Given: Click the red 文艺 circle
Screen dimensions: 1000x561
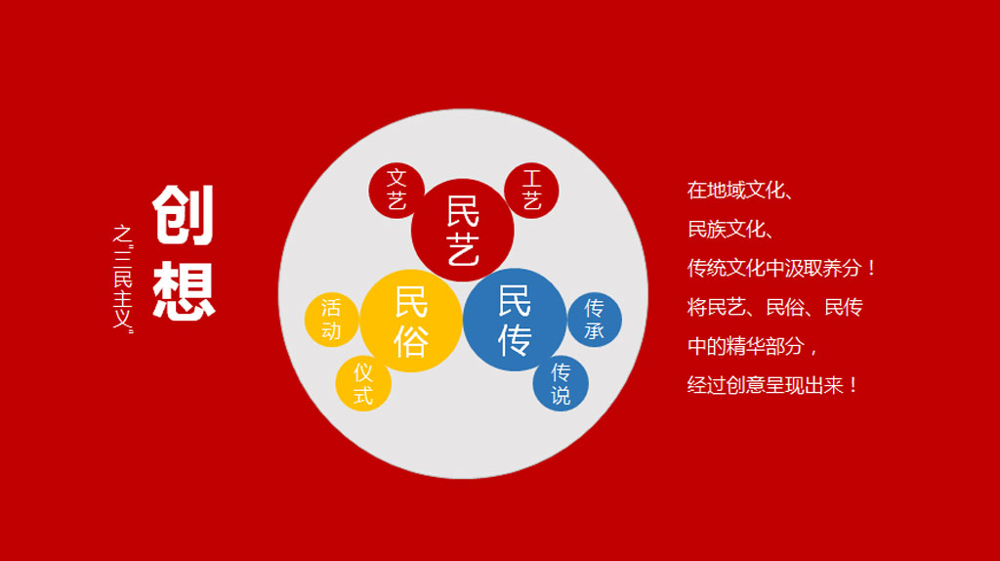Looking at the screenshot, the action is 396,191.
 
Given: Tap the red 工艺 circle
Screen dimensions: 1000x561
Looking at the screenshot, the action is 531,191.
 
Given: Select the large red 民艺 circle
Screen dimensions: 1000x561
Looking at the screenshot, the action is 462,231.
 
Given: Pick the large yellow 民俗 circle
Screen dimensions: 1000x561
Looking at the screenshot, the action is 411,321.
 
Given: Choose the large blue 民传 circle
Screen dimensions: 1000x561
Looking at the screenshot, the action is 514,320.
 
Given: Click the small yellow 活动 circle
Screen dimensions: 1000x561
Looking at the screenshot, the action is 332,320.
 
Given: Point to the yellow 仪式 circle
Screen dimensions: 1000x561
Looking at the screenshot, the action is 363,383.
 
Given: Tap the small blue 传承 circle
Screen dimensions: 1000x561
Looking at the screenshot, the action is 595,320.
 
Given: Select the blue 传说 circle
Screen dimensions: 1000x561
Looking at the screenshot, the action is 561,383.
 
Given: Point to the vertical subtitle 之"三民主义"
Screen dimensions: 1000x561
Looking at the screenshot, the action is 122,279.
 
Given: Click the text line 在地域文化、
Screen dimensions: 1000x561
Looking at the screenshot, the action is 740,191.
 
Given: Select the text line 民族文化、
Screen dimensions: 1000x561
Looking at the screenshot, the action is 730,229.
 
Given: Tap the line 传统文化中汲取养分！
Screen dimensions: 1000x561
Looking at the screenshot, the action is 782,268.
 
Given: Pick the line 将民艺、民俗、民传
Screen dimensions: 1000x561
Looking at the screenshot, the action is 774,307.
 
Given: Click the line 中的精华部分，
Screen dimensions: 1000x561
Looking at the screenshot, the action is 753,346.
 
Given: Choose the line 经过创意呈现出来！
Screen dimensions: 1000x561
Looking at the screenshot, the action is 773,385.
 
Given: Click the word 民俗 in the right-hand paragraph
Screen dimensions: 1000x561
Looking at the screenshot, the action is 784,307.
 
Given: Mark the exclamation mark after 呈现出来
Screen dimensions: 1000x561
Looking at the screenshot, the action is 853,385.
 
